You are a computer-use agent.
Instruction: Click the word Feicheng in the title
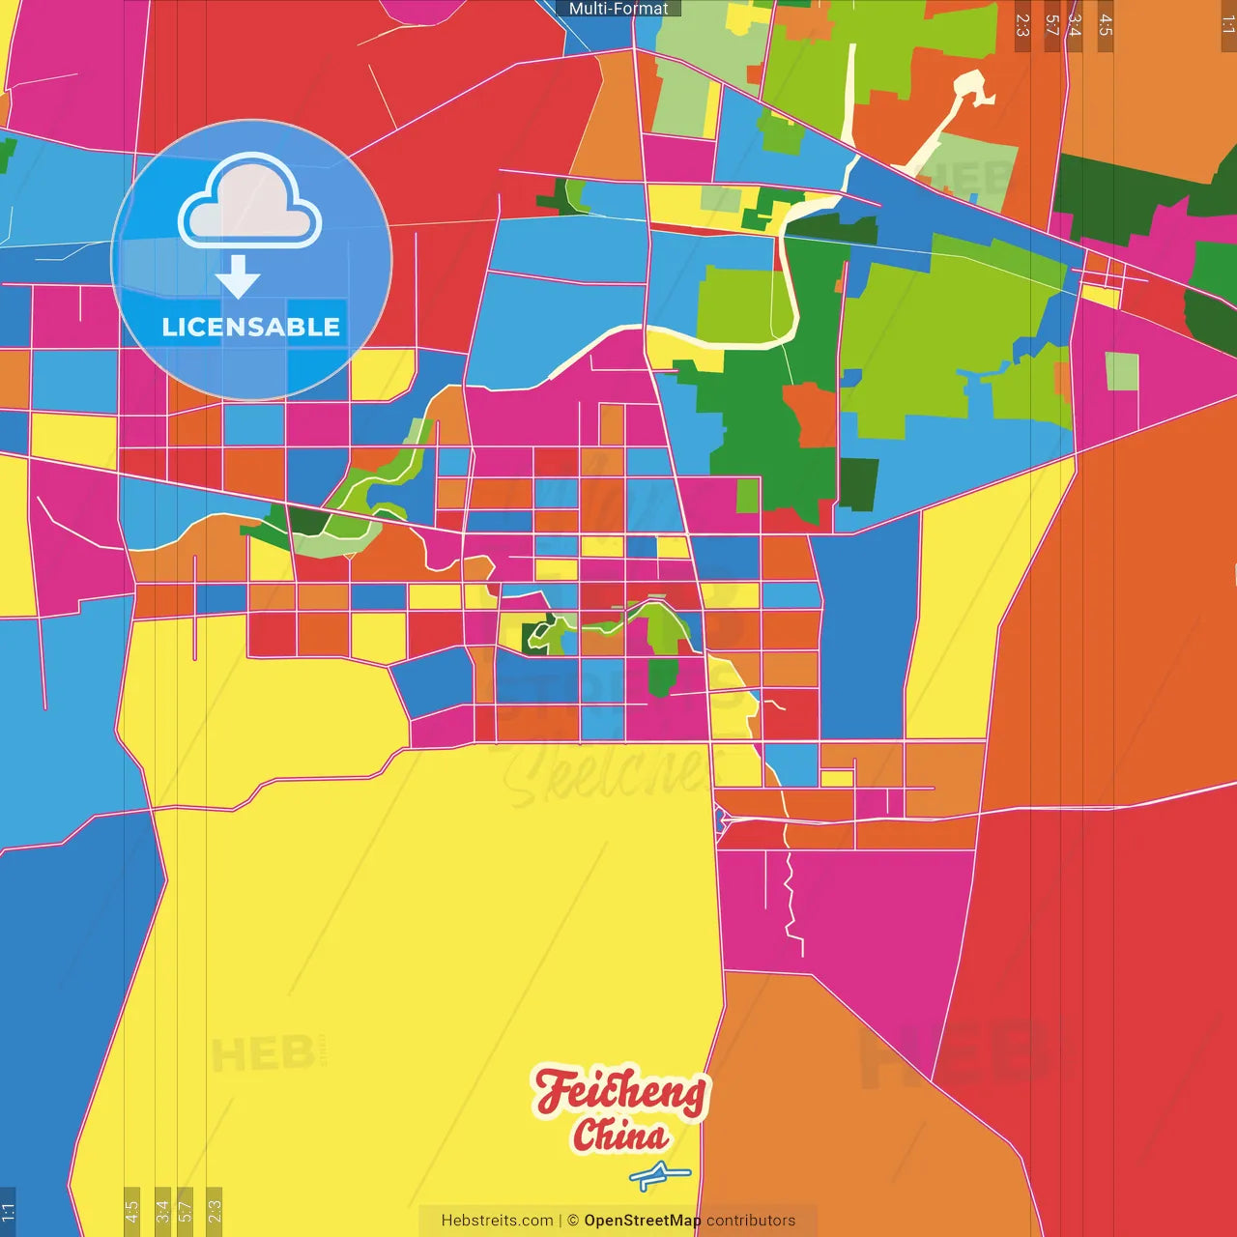click(620, 1092)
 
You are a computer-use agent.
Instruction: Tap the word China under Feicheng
click(620, 1136)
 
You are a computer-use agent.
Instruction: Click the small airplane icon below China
click(659, 1176)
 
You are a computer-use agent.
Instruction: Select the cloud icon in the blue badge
click(250, 201)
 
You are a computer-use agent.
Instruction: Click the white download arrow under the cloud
click(238, 276)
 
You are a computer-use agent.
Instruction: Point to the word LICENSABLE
click(250, 328)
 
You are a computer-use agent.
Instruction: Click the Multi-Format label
click(618, 9)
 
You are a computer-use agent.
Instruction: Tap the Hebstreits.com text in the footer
click(497, 1221)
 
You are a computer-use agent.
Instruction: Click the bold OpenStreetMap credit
click(642, 1221)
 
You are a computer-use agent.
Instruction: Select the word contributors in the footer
click(751, 1221)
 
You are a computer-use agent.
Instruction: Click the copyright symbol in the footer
click(573, 1221)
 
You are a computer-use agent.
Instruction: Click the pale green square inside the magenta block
click(1121, 371)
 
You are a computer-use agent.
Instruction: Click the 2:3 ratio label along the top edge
click(1022, 25)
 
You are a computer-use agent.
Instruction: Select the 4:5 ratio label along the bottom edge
click(131, 1210)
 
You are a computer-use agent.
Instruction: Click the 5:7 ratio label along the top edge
click(1051, 25)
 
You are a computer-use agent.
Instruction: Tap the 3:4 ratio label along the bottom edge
click(162, 1210)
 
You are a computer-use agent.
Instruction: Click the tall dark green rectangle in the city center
click(661, 676)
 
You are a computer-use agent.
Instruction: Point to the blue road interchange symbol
click(721, 821)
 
